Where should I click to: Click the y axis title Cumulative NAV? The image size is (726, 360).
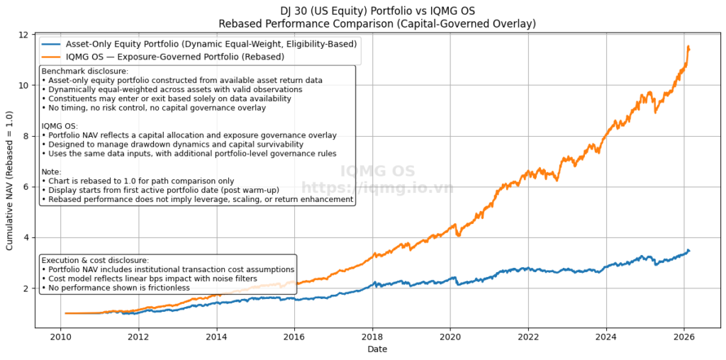pyautogui.click(x=10, y=180)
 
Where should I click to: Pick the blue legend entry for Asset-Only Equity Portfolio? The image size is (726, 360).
pyautogui.click(x=205, y=43)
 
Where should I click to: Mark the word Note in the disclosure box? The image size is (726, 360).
pyautogui.click(x=52, y=162)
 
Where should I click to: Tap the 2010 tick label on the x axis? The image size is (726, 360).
pyautogui.click(x=61, y=336)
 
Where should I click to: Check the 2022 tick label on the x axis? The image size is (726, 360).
pyautogui.click(x=528, y=336)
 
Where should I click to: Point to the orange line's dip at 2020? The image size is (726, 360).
pyautogui.click(x=459, y=235)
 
